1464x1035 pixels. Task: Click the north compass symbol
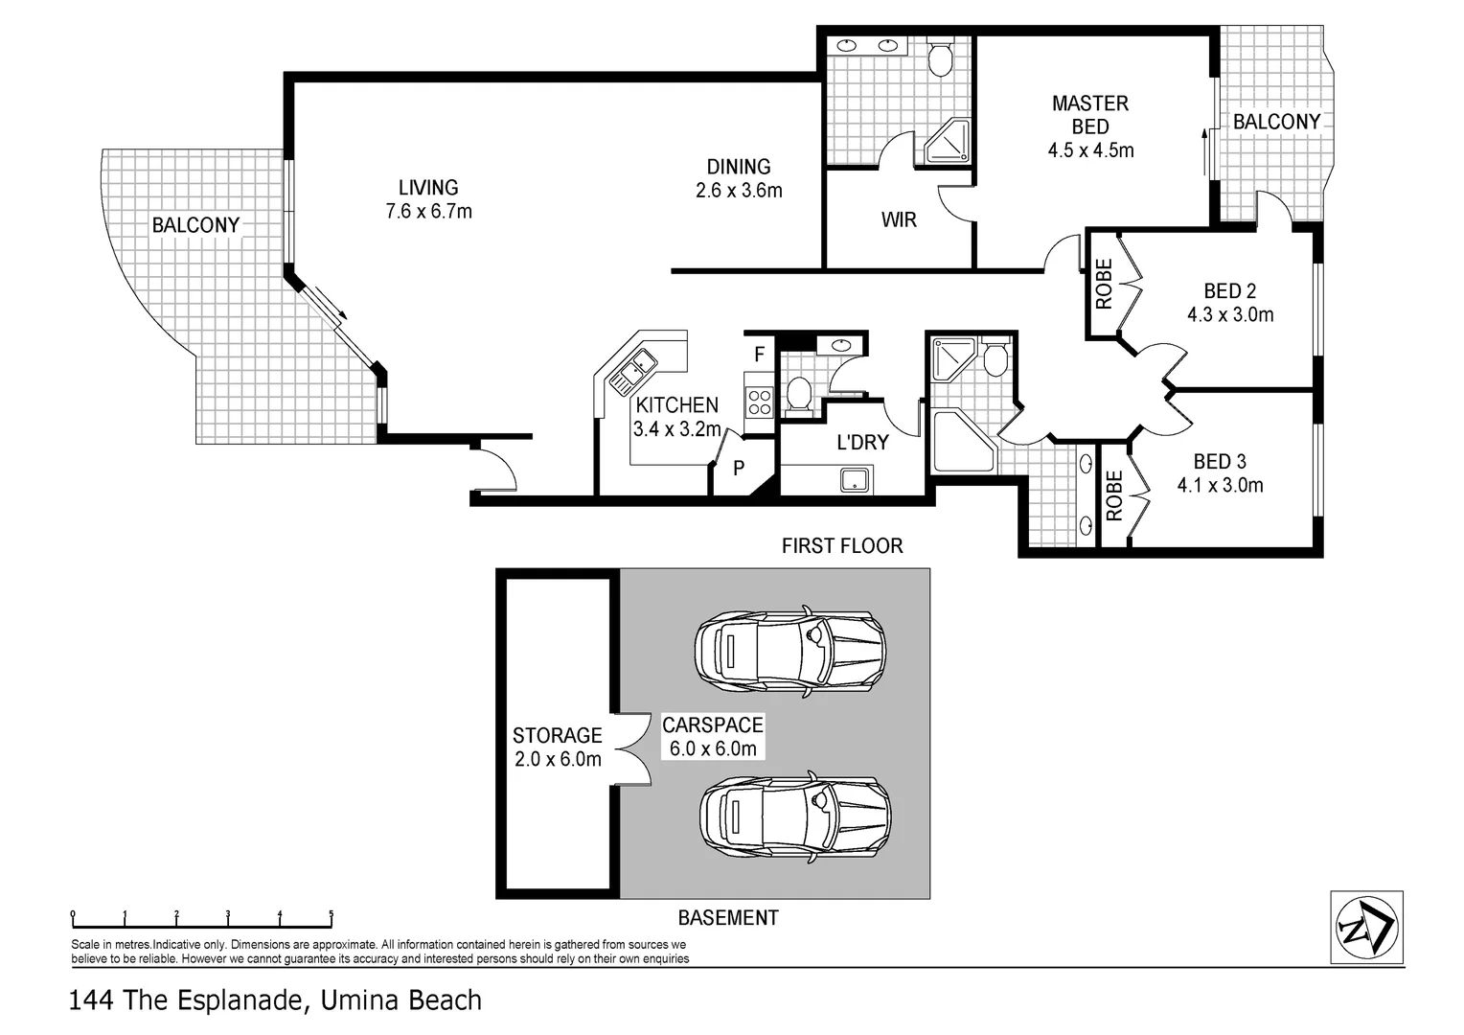pos(1366,927)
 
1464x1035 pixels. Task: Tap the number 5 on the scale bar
pos(332,914)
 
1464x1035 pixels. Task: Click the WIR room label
pos(899,219)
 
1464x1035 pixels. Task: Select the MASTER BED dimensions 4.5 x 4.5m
pos(1090,150)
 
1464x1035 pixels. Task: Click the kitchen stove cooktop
pos(759,402)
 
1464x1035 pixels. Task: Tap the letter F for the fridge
pos(759,355)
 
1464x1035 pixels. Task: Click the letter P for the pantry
pos(739,468)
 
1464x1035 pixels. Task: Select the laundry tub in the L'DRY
pos(855,480)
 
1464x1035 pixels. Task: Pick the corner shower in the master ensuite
pos(947,141)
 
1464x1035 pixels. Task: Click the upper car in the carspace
pos(790,651)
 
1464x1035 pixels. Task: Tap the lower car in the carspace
pos(795,816)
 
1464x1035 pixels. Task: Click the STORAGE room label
pos(557,736)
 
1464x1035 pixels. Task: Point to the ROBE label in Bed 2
pos(1104,284)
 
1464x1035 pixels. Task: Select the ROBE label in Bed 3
pos(1114,495)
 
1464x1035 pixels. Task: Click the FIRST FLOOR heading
pos(842,546)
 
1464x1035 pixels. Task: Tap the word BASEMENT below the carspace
pos(728,918)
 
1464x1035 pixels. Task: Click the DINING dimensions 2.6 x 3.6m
pos(739,191)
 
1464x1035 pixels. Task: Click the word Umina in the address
pos(357,1000)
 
